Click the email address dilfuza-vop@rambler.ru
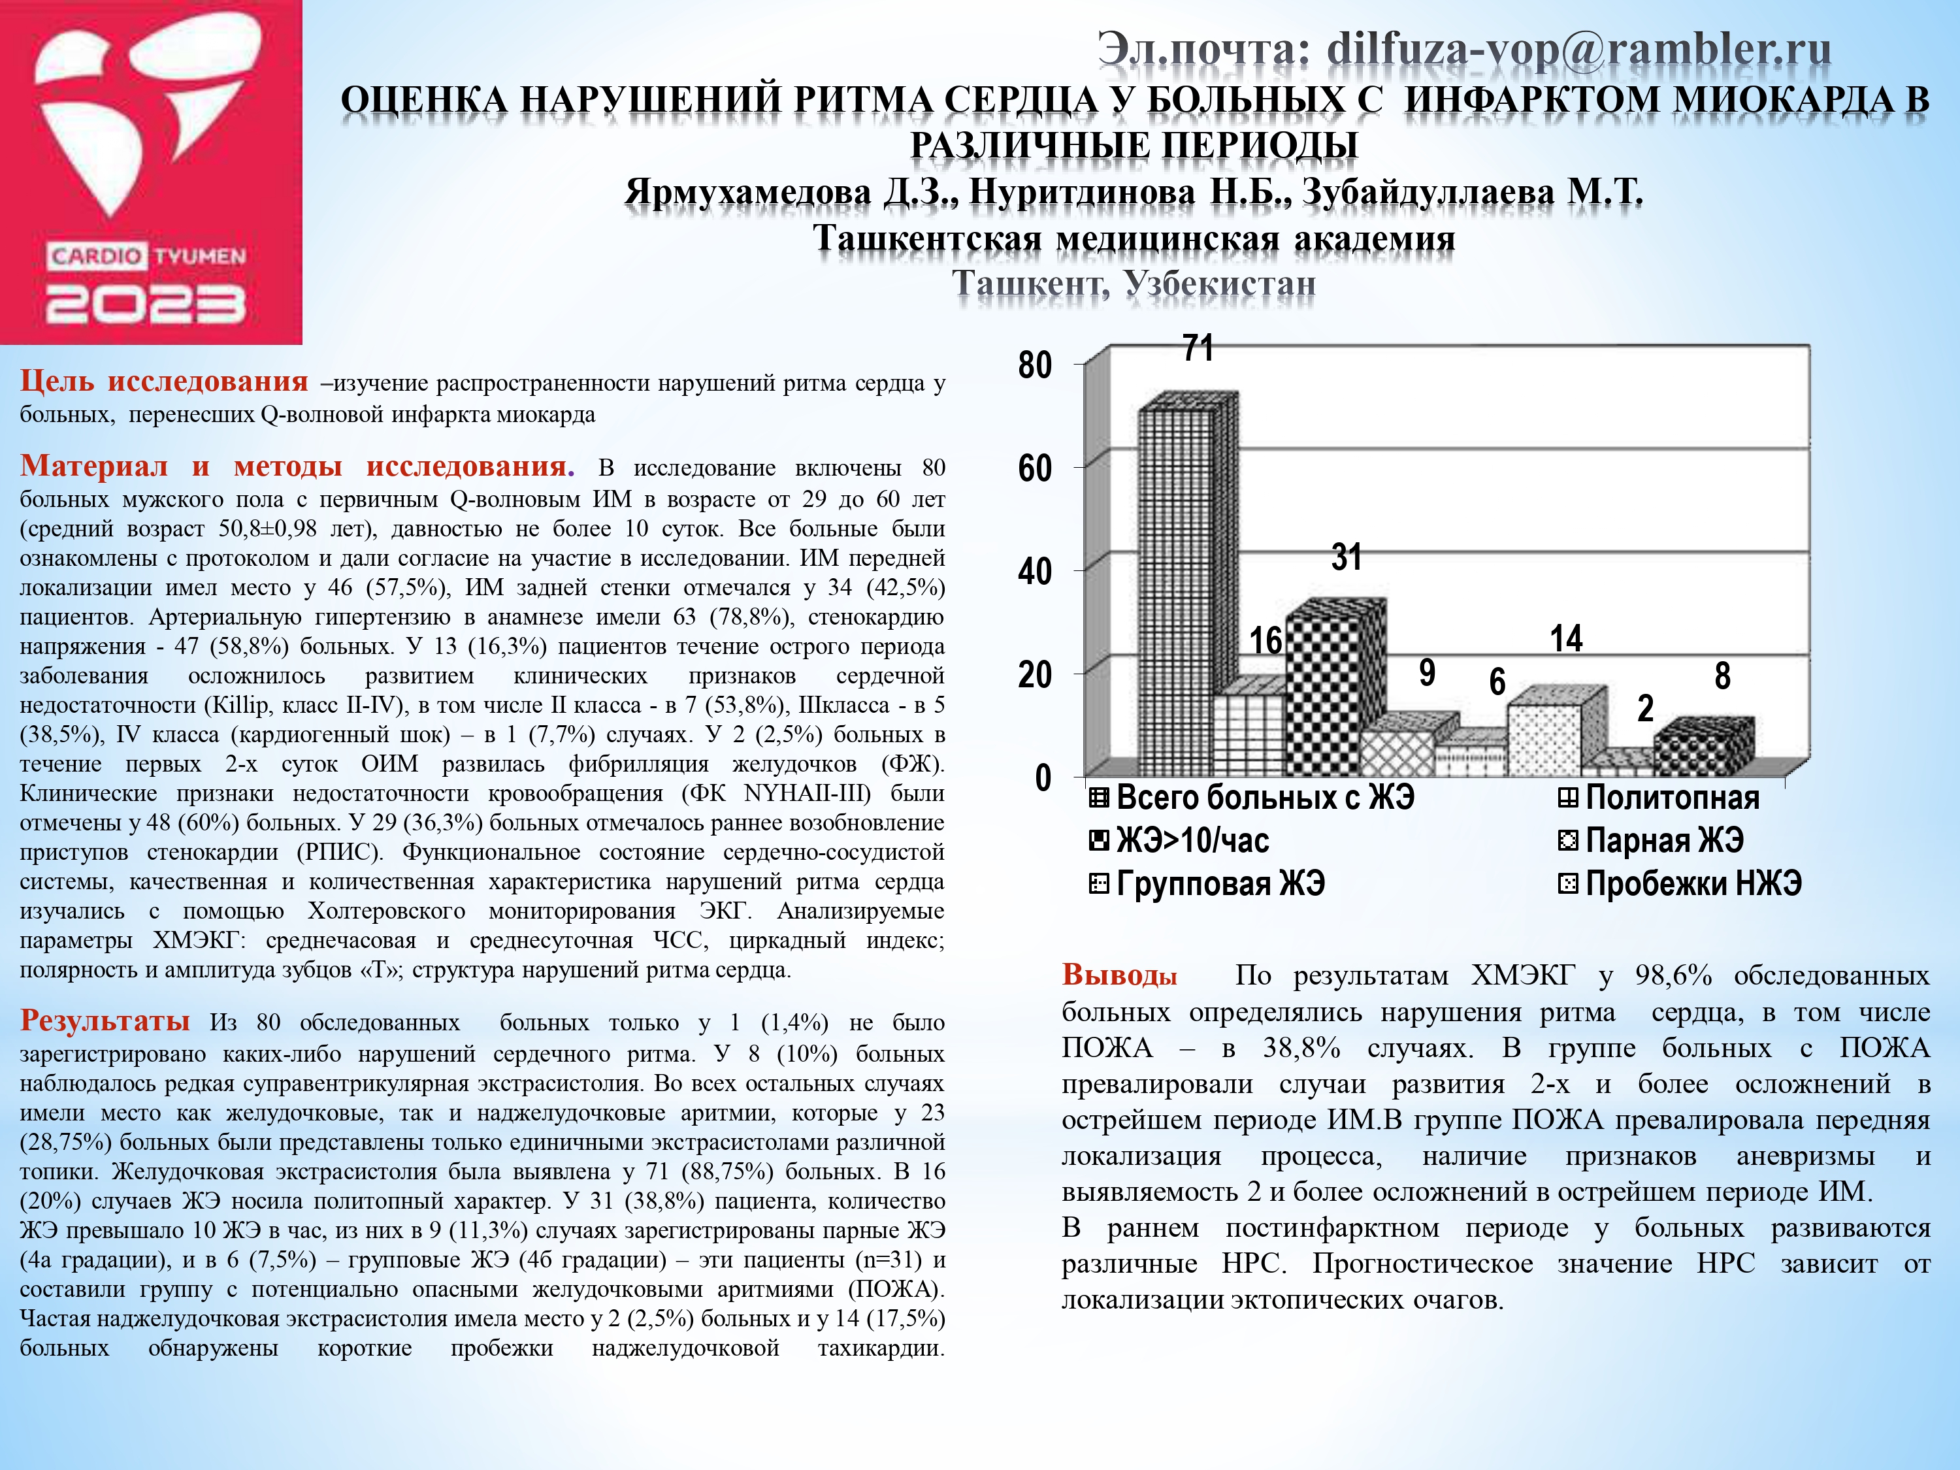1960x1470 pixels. [x=1578, y=50]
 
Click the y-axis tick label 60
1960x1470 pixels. [x=1035, y=468]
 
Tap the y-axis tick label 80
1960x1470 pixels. [x=1035, y=365]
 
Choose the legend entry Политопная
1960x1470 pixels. [x=1671, y=798]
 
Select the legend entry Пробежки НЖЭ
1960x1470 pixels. [x=1692, y=883]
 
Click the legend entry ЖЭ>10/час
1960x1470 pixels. [x=1192, y=840]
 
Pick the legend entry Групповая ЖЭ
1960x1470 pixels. [x=1219, y=883]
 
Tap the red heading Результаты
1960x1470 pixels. [x=105, y=1021]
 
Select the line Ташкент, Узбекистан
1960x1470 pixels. [x=1134, y=284]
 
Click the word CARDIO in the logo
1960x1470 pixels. [x=95, y=256]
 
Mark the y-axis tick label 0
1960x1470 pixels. [x=1043, y=779]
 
